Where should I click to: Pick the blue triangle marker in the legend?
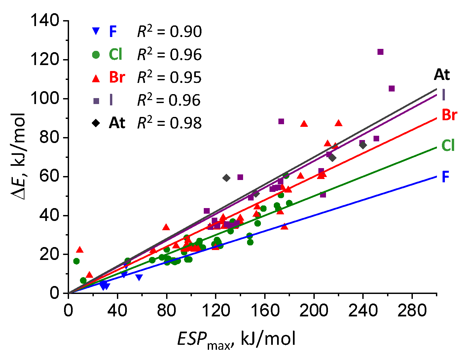(x=96, y=32)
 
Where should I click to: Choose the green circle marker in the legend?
(x=96, y=54)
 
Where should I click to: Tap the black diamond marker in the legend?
(x=96, y=123)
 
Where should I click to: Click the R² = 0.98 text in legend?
(x=169, y=123)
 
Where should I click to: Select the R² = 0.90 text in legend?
(x=169, y=32)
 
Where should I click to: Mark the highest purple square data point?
(x=380, y=52)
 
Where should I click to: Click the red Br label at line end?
(x=449, y=115)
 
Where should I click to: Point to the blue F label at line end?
(x=446, y=177)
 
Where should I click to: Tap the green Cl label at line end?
(x=448, y=145)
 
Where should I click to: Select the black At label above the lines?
(x=442, y=75)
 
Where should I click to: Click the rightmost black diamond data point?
(x=363, y=145)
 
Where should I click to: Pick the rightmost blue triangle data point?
(x=139, y=277)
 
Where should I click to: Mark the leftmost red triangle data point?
(x=80, y=250)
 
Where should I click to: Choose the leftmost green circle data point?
(x=76, y=261)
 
